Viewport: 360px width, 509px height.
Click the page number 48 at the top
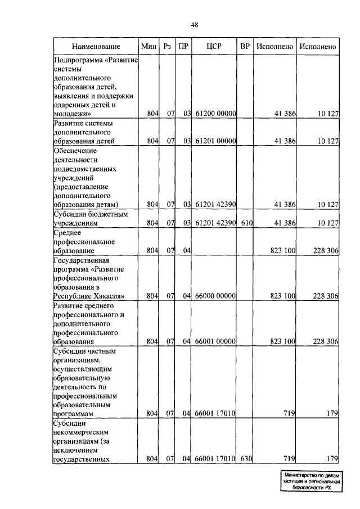pyautogui.click(x=195, y=24)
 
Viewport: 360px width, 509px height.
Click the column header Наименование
pyautogui.click(x=96, y=46)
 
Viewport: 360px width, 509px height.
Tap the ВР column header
pyautogui.click(x=245, y=46)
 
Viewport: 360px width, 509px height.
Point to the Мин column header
pyautogui.click(x=149, y=46)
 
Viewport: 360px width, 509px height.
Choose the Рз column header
pyautogui.click(x=167, y=46)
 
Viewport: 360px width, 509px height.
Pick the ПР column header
pyautogui.click(x=183, y=46)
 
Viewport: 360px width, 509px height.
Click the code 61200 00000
pyautogui.click(x=215, y=114)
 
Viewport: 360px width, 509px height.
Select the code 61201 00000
pyautogui.click(x=215, y=141)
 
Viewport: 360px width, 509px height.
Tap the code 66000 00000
pyautogui.click(x=215, y=295)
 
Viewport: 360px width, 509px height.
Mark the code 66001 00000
pyautogui.click(x=215, y=341)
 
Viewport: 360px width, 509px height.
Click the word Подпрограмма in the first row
pyautogui.click(x=77, y=60)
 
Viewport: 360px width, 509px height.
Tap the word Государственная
pyautogui.click(x=80, y=260)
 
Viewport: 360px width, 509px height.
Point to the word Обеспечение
pyautogui.click(x=75, y=151)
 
